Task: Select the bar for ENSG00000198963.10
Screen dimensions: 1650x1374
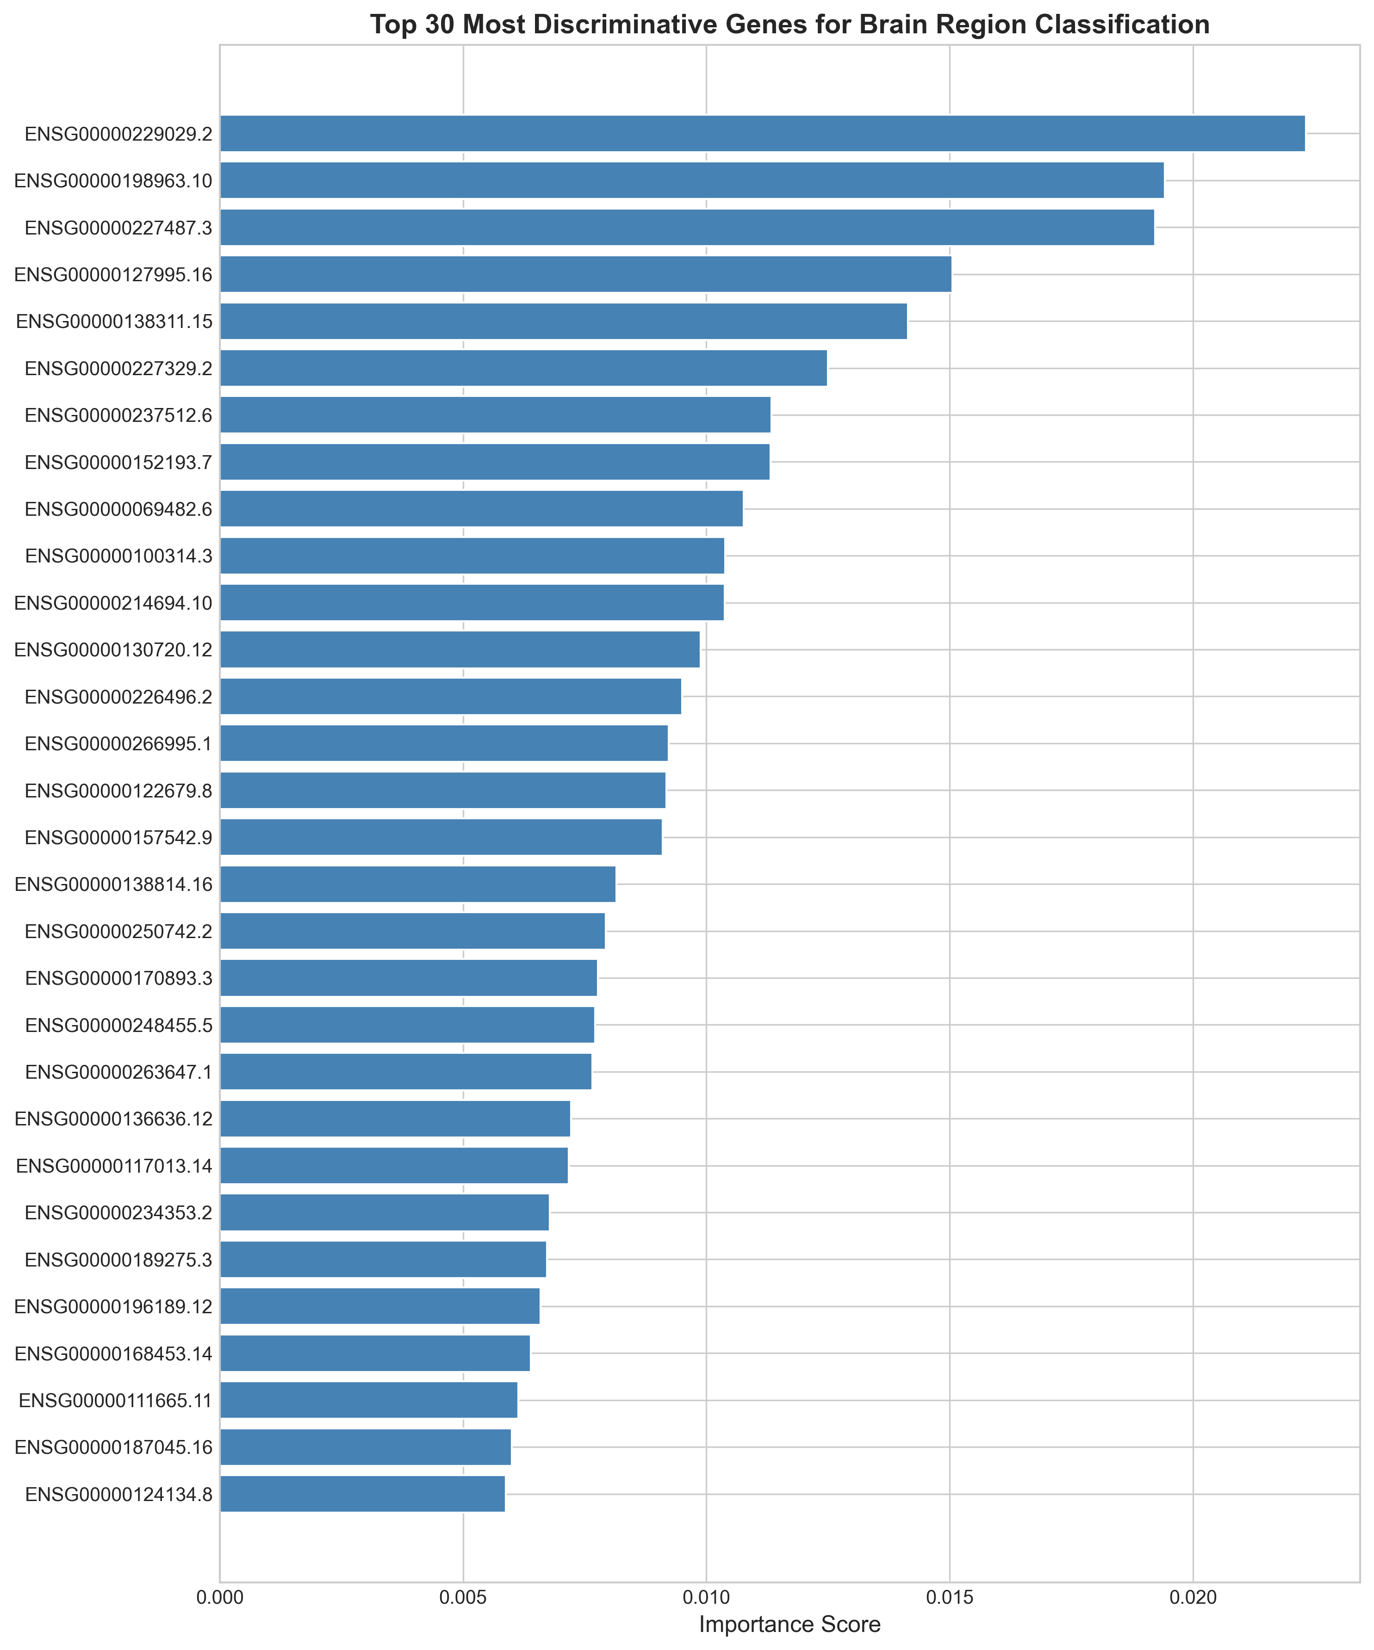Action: [692, 181]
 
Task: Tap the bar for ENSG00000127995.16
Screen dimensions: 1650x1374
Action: [585, 274]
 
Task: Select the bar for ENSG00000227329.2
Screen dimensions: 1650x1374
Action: [523, 368]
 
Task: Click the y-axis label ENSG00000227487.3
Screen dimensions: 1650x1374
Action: [118, 228]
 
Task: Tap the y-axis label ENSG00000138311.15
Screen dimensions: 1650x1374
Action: [114, 321]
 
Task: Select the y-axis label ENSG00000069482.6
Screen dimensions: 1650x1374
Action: [118, 509]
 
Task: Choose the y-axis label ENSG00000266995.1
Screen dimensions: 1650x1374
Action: [118, 743]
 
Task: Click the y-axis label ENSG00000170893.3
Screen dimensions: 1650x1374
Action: [118, 978]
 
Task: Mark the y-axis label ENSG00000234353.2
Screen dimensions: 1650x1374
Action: [118, 1212]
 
